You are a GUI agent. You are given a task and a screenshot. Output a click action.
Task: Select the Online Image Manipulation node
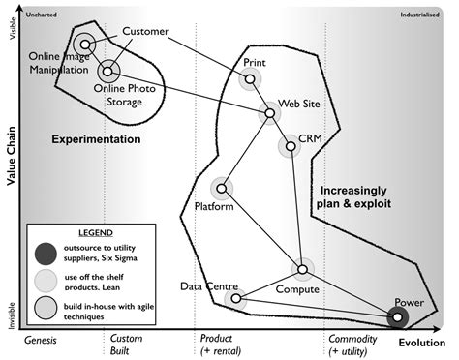pyautogui.click(x=85, y=45)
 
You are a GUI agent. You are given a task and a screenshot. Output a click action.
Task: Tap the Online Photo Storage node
pyautogui.click(x=108, y=70)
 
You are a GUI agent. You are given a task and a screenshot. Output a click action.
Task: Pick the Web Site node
pyautogui.click(x=270, y=114)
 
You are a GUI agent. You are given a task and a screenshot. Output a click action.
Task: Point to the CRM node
pyautogui.click(x=289, y=146)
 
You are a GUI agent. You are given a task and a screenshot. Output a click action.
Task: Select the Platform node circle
pyautogui.click(x=223, y=188)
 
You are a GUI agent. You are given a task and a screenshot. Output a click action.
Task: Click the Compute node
pyautogui.click(x=302, y=269)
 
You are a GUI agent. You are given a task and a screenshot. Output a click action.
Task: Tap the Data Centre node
pyautogui.click(x=235, y=299)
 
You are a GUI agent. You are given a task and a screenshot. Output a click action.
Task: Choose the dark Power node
pyautogui.click(x=397, y=315)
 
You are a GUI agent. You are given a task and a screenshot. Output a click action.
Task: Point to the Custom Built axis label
pyautogui.click(x=127, y=344)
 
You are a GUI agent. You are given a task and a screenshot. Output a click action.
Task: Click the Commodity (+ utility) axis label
pyautogui.click(x=352, y=344)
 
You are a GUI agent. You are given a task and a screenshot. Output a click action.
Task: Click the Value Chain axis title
pyautogui.click(x=12, y=172)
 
